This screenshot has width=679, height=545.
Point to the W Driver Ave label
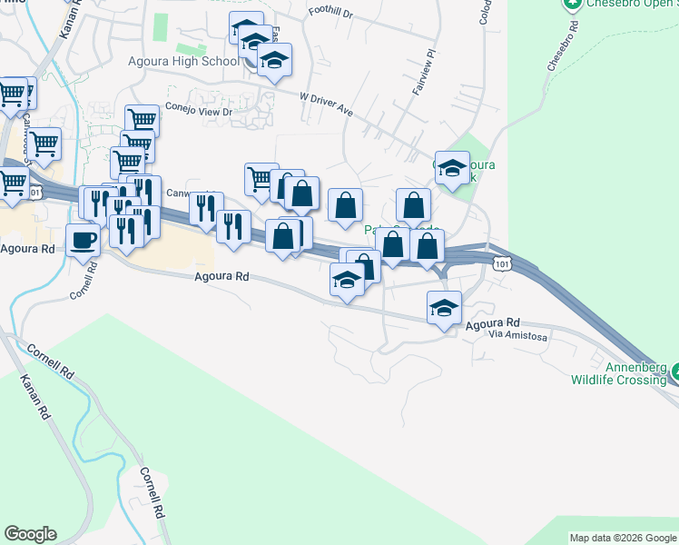point(326,103)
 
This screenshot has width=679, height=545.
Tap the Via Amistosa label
point(517,336)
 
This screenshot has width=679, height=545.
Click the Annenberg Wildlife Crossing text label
point(619,373)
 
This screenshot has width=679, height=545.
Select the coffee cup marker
point(84,241)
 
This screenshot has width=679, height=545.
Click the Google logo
point(30,534)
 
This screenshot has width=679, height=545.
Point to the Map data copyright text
point(623,538)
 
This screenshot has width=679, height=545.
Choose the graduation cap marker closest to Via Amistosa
point(444,307)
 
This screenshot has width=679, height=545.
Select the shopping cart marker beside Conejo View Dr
point(142,120)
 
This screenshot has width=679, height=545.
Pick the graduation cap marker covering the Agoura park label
point(452,167)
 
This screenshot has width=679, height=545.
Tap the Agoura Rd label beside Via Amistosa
point(492,322)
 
